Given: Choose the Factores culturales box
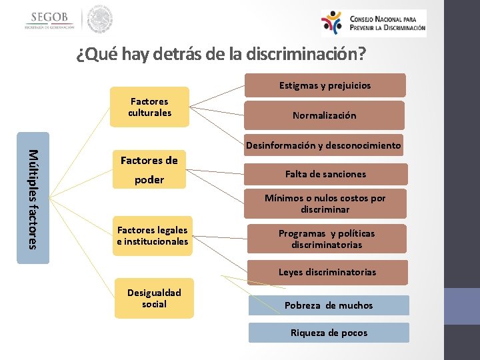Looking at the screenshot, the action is click(x=150, y=107).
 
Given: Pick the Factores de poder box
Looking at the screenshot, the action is click(x=149, y=170).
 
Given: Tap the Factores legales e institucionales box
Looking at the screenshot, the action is click(x=153, y=236).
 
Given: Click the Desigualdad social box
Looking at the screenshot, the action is click(x=154, y=298).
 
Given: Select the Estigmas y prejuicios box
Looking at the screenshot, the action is click(x=325, y=85).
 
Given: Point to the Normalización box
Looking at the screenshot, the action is click(x=325, y=115).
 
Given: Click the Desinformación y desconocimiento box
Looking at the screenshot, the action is click(x=324, y=145).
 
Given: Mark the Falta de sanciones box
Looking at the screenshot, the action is click(x=325, y=174).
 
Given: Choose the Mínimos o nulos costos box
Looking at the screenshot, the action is click(x=325, y=203).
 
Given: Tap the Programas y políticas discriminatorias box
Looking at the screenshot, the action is click(x=327, y=239).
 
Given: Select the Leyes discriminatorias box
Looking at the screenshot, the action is click(x=327, y=272).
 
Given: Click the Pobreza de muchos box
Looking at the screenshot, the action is click(x=329, y=305).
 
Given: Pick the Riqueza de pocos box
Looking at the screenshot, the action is click(x=329, y=333).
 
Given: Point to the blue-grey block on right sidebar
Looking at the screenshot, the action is click(x=462, y=306).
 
